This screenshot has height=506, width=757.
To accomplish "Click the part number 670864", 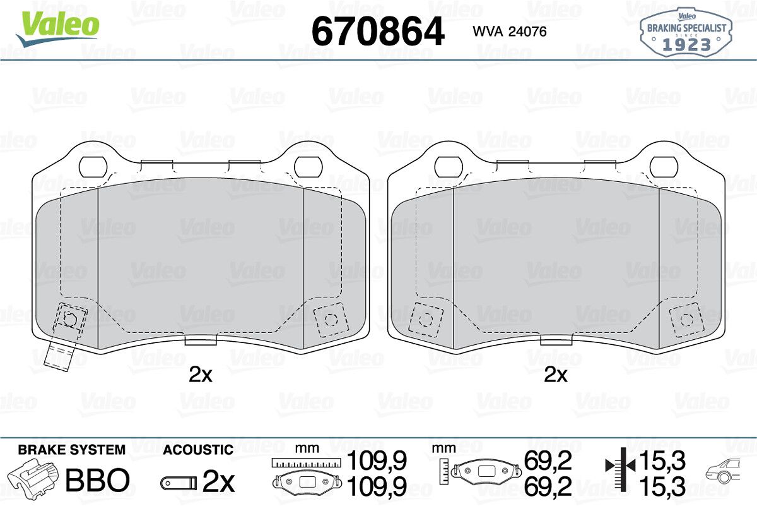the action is (x=378, y=31).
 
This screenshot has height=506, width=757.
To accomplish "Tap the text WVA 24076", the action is (x=510, y=32).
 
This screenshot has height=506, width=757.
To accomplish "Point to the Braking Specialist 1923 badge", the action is (x=686, y=33).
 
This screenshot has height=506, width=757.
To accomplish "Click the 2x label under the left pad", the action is (x=201, y=375).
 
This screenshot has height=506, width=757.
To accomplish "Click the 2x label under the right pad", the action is (x=556, y=375).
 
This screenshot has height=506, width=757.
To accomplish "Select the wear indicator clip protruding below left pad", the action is (x=59, y=357).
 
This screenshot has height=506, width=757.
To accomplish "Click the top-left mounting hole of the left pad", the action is (x=93, y=167).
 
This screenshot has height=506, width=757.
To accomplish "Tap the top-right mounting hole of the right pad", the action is (x=664, y=167).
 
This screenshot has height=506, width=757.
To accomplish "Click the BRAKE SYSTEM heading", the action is (x=72, y=450).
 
